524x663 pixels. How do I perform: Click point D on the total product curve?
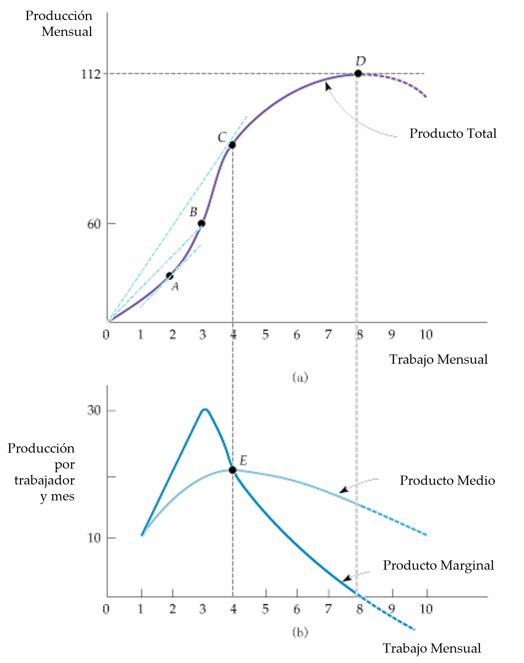(358, 73)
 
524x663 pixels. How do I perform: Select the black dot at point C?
(232, 145)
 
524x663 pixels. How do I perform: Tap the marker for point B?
(201, 223)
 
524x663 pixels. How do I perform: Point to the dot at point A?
(170, 276)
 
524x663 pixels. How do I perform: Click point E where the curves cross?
(233, 470)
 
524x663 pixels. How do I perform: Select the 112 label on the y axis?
(91, 74)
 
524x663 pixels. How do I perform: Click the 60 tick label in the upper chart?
(94, 224)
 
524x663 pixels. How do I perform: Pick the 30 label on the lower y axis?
(94, 410)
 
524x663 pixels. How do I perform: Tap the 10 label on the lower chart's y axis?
(94, 538)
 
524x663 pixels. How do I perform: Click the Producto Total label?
(453, 133)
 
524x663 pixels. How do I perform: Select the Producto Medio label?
(447, 480)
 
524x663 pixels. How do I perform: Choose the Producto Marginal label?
(438, 565)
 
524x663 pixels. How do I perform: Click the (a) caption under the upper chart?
(300, 377)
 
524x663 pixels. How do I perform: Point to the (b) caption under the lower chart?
(300, 632)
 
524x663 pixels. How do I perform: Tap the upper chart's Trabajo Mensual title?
(438, 359)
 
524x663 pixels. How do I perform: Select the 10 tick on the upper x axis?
(426, 335)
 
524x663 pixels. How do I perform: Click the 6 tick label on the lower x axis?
(297, 609)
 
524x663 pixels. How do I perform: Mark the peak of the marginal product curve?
(205, 409)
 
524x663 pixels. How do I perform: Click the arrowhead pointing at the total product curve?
(327, 86)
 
